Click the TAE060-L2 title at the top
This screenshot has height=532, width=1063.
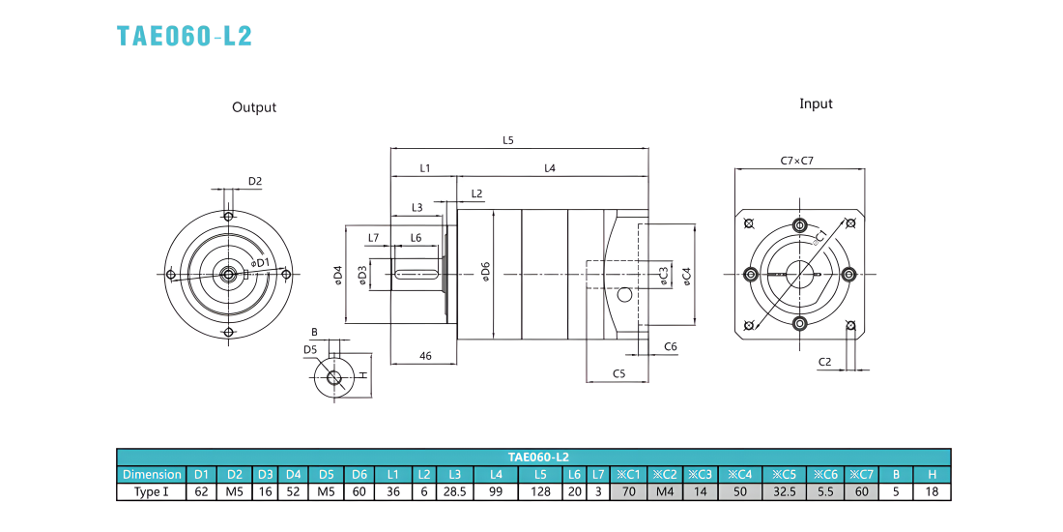click(x=185, y=36)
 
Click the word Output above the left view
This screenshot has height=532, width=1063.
click(x=254, y=107)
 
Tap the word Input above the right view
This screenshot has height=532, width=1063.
click(x=816, y=103)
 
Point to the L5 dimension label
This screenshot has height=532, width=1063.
click(x=508, y=140)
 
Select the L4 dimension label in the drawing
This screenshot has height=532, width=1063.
click(x=550, y=168)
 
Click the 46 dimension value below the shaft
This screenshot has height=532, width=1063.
click(x=425, y=356)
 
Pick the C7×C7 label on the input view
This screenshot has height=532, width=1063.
click(x=796, y=161)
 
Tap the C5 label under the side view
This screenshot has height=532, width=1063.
click(x=618, y=373)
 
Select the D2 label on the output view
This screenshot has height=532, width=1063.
click(x=255, y=181)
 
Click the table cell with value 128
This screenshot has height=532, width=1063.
click(x=541, y=491)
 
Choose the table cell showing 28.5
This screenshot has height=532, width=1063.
click(x=455, y=491)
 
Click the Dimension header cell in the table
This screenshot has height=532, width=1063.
click(x=152, y=474)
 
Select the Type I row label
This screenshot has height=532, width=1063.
click(x=152, y=491)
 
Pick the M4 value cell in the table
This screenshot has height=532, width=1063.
click(x=665, y=491)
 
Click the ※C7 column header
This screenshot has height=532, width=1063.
click(x=861, y=474)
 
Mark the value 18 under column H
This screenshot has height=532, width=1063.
click(x=932, y=491)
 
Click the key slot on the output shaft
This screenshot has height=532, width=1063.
click(x=416, y=274)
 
